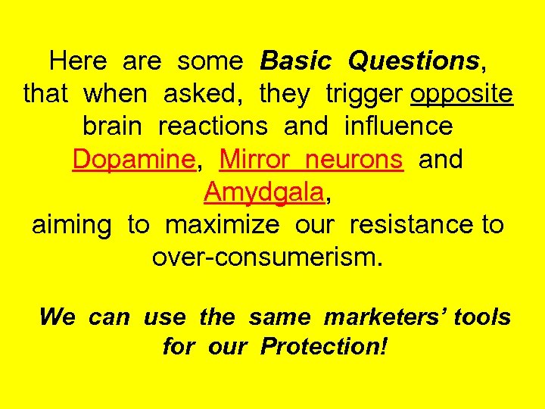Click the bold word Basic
tap(295, 61)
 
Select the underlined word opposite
tap(462, 95)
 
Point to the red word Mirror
tap(255, 160)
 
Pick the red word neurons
tap(357, 160)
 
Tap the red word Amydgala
tap(264, 192)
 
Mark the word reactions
tap(213, 126)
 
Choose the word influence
tap(398, 126)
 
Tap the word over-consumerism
tap(268, 258)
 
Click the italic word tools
tap(482, 317)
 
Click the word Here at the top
tap(76, 61)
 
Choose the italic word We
tap(57, 317)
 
